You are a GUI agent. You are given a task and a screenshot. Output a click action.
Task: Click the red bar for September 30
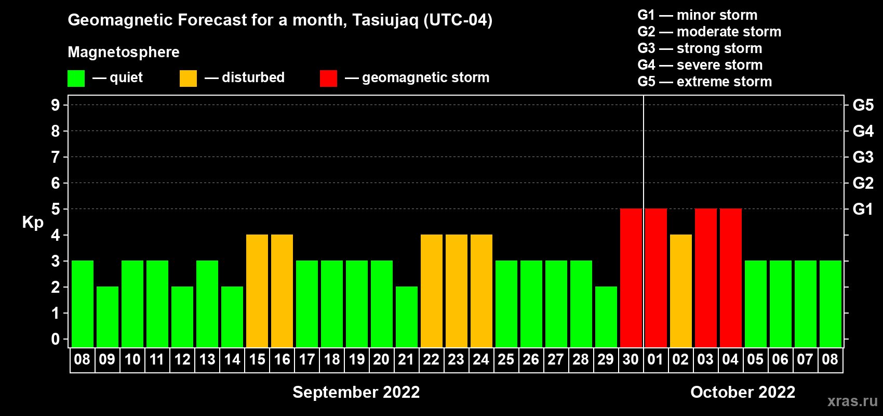(631, 278)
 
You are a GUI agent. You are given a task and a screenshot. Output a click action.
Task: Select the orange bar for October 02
(681, 291)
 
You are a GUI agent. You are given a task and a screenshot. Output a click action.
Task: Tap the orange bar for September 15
(257, 291)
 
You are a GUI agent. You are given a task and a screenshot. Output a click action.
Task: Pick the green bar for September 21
(406, 317)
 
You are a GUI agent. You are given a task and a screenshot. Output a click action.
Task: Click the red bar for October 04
(731, 278)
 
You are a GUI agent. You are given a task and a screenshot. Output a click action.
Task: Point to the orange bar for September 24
(481, 291)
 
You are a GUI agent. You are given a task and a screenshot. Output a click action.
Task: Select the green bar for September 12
(182, 317)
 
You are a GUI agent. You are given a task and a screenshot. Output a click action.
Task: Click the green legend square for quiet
(76, 78)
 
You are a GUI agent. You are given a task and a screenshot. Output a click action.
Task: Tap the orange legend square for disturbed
(188, 78)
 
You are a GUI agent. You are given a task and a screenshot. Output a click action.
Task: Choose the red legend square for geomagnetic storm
(328, 78)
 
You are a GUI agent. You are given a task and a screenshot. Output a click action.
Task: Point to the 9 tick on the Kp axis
(55, 105)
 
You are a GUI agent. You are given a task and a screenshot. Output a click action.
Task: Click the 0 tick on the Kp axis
(55, 339)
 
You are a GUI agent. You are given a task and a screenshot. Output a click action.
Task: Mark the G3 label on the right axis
(863, 157)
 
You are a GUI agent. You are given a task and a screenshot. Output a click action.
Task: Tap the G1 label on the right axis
(863, 209)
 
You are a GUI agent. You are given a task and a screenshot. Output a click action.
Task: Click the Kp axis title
(33, 223)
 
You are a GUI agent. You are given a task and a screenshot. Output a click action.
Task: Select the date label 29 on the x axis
(606, 359)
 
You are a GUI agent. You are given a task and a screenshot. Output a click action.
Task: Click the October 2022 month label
(743, 392)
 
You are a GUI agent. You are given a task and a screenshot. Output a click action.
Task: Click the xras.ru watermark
(852, 401)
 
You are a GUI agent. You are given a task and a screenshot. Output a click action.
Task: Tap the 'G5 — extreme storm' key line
(704, 82)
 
